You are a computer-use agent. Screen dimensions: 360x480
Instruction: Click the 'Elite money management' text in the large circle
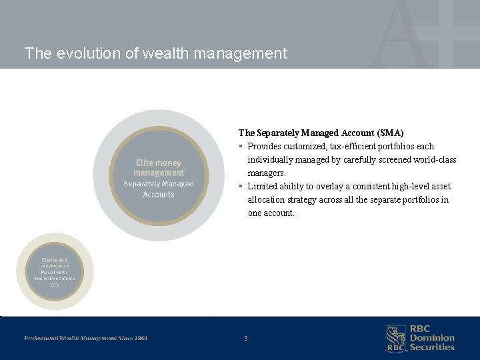point(159,167)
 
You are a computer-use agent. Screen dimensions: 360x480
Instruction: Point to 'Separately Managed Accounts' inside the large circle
point(159,189)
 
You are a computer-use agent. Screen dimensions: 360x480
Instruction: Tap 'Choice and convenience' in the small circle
point(55,263)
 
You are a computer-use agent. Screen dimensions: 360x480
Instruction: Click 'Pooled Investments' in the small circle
point(55,278)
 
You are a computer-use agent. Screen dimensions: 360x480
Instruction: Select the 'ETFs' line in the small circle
point(55,285)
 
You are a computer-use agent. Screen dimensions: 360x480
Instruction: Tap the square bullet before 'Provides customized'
point(241,147)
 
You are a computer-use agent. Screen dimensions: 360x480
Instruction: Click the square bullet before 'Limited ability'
point(241,187)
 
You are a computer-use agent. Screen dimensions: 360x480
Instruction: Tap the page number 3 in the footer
point(245,339)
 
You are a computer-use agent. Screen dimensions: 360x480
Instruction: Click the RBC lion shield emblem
point(395,338)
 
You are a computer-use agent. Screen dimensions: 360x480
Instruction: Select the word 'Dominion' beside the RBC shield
point(432,338)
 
